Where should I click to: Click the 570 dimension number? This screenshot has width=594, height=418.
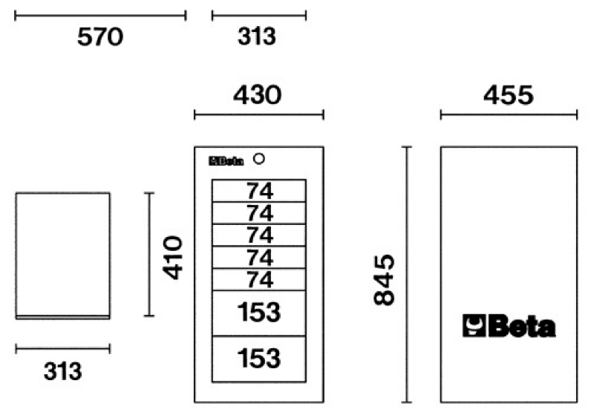(x=100, y=36)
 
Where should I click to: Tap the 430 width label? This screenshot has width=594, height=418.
(x=258, y=96)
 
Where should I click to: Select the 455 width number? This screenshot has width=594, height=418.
(x=508, y=96)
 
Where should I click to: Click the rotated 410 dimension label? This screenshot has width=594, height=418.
(x=173, y=257)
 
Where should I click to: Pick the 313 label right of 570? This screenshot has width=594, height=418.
(x=257, y=36)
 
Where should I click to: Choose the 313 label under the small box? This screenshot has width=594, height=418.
(x=62, y=371)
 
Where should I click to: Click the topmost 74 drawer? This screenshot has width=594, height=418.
(x=259, y=191)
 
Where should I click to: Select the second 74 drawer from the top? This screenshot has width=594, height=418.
(x=259, y=213)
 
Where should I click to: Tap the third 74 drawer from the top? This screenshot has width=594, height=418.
(x=259, y=235)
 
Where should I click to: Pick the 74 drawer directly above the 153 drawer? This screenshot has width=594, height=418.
(x=259, y=280)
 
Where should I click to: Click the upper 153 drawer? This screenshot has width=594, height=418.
(x=259, y=313)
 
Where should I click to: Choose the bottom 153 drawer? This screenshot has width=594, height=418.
(x=259, y=359)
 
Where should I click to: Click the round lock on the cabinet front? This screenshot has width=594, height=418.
(x=259, y=159)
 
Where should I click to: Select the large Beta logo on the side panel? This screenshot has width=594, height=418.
(x=509, y=327)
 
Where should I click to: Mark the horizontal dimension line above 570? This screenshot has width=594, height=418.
(x=100, y=14)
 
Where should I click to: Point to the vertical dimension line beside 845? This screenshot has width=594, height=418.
(x=407, y=275)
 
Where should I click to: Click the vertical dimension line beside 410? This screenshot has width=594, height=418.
(x=149, y=255)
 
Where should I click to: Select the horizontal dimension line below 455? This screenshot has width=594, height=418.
(x=509, y=114)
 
